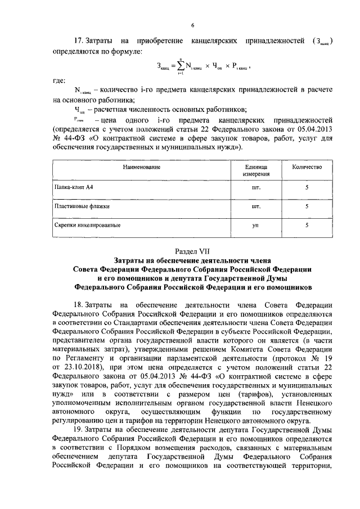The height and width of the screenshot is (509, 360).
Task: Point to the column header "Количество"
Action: [307, 168]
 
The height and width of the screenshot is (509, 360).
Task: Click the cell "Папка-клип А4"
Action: [73, 188]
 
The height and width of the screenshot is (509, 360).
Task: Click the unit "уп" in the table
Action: [255, 226]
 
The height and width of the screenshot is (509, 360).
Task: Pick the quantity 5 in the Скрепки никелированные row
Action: [307, 226]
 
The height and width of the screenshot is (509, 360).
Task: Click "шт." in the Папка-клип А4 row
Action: [255, 188]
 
